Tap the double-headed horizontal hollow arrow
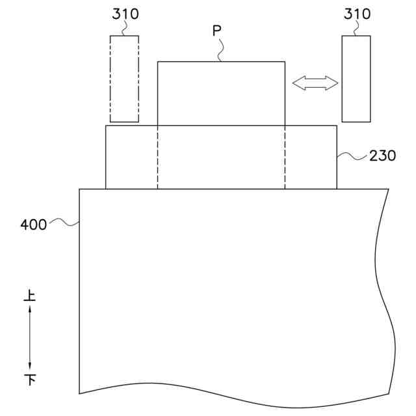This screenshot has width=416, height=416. [315, 83]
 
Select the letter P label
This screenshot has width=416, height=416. [216, 31]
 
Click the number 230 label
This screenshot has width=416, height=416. [383, 156]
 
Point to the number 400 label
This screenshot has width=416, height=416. [34, 225]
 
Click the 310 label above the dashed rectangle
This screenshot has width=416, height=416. [125, 14]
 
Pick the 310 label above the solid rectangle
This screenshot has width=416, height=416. [357, 14]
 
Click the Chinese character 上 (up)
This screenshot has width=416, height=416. [30, 296]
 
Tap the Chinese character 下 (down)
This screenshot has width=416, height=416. [30, 380]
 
